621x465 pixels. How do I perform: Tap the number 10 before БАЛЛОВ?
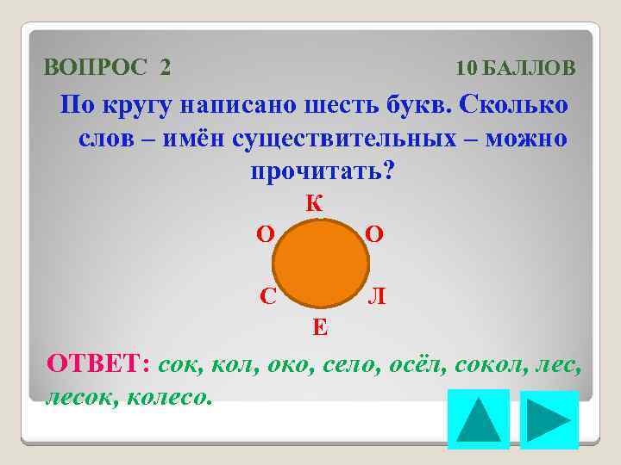click(x=467, y=68)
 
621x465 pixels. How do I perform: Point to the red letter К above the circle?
click(x=315, y=204)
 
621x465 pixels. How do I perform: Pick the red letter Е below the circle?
click(x=319, y=326)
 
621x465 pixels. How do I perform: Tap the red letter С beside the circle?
click(x=269, y=296)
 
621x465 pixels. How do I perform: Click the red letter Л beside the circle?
click(x=377, y=297)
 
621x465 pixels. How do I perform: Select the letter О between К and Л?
click(x=375, y=234)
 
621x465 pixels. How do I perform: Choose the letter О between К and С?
click(x=267, y=234)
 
